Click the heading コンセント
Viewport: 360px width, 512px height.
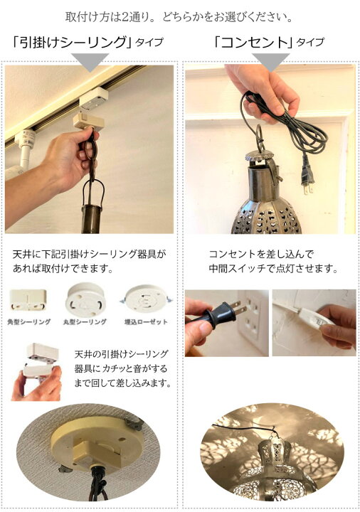point(252,43)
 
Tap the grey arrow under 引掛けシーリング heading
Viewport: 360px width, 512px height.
point(90,63)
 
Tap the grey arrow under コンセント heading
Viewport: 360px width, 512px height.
point(270,63)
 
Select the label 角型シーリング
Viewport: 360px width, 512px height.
point(31,322)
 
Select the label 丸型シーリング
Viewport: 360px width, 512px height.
point(86,322)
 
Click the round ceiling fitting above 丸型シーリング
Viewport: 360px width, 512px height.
point(85,298)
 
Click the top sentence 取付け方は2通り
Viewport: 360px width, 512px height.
point(180,16)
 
